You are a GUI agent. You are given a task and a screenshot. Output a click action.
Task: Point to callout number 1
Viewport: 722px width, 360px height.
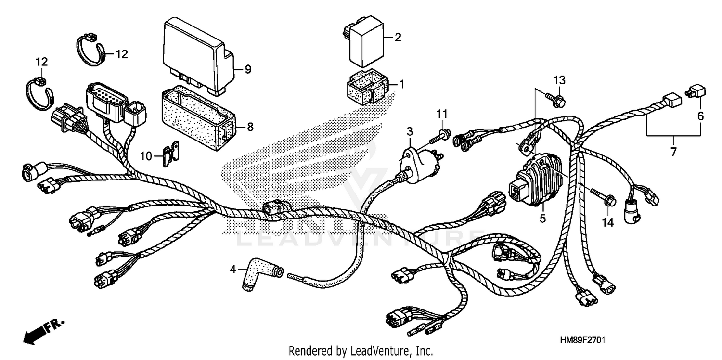(x=401, y=84)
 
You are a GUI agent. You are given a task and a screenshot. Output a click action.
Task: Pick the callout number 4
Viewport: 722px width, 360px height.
(x=233, y=270)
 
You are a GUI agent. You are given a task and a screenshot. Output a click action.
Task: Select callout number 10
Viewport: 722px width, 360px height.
(x=146, y=155)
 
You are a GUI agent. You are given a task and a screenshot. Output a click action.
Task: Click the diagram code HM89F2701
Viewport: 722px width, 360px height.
(x=582, y=340)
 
